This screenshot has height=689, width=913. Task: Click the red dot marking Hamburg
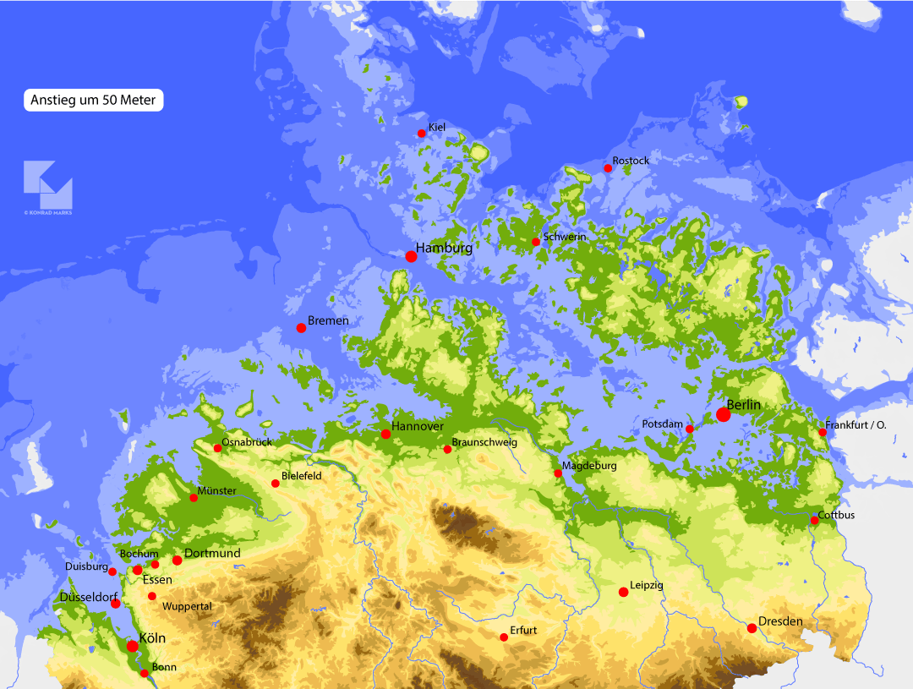tap(411, 256)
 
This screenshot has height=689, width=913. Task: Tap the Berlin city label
tap(744, 406)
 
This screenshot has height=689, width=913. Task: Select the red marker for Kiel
tap(422, 134)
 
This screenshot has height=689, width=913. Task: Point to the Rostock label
tap(631, 161)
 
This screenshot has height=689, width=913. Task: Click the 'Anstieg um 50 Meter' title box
tap(93, 100)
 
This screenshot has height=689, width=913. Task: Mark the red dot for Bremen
tap(301, 328)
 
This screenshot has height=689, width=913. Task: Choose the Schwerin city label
tap(565, 238)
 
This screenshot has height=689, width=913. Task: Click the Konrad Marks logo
tap(48, 184)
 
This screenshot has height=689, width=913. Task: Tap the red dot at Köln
tap(133, 647)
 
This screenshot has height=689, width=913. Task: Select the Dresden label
tap(780, 622)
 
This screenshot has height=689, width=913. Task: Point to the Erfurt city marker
tap(504, 637)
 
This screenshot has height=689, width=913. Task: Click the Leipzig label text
tap(647, 585)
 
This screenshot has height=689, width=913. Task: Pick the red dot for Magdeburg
tap(558, 473)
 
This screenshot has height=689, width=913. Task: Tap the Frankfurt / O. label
tap(856, 425)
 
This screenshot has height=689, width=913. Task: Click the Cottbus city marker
tap(814, 521)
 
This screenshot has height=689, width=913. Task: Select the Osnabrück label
tap(246, 442)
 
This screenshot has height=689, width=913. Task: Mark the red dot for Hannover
tap(386, 435)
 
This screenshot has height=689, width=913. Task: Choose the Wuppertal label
tap(186, 607)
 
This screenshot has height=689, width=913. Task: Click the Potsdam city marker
tap(689, 429)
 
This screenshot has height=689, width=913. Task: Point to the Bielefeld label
tap(302, 476)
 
